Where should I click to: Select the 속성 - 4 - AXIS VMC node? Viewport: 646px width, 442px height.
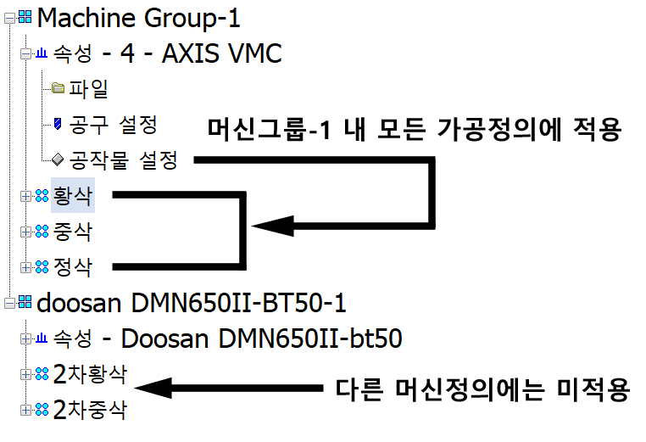pyautogui.click(x=166, y=54)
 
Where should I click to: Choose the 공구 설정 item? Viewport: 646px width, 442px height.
pyautogui.click(x=114, y=125)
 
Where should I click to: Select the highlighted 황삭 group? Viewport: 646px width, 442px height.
pyautogui.click(x=72, y=195)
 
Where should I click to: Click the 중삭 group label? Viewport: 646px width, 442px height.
pyautogui.click(x=72, y=231)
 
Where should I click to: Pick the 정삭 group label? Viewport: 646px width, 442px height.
pyautogui.click(x=72, y=266)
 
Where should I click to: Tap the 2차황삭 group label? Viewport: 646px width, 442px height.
pyautogui.click(x=90, y=374)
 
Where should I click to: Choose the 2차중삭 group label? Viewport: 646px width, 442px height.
pyautogui.click(x=90, y=411)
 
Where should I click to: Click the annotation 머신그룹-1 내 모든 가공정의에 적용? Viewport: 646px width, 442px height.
pyautogui.click(x=415, y=129)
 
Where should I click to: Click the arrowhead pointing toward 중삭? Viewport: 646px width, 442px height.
pyautogui.click(x=270, y=226)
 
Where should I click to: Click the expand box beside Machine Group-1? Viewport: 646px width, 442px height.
pyautogui.click(x=8, y=15)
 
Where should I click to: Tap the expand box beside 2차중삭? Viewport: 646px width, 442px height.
pyautogui.click(x=26, y=411)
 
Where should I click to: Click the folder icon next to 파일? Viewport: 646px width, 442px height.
pyautogui.click(x=58, y=88)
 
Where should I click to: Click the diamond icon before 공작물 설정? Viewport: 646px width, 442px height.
pyautogui.click(x=58, y=159)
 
